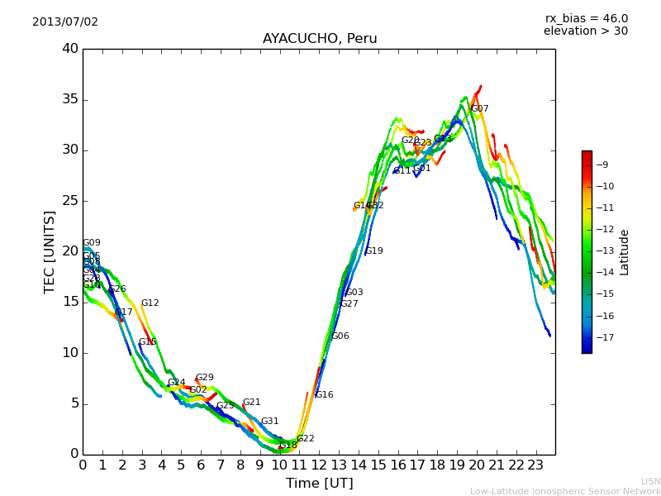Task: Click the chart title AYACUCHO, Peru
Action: [320, 39]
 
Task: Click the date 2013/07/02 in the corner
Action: [65, 21]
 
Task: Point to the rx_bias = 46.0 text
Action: [586, 18]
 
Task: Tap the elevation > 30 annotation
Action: [586, 31]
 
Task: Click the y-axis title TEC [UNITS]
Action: [50, 251]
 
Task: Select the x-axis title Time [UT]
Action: [319, 484]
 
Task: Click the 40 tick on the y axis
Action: [70, 49]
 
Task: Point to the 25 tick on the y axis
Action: [70, 201]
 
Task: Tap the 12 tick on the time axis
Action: [319, 465]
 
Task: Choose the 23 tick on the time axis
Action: [535, 465]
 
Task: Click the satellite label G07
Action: [479, 108]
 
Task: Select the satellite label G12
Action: [150, 303]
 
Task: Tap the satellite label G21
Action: [251, 403]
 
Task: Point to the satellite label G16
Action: [324, 395]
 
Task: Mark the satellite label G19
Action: [373, 251]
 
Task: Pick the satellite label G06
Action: [340, 336]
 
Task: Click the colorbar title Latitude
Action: [625, 252]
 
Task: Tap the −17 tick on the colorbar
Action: [604, 337]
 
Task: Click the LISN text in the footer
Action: [651, 481]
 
